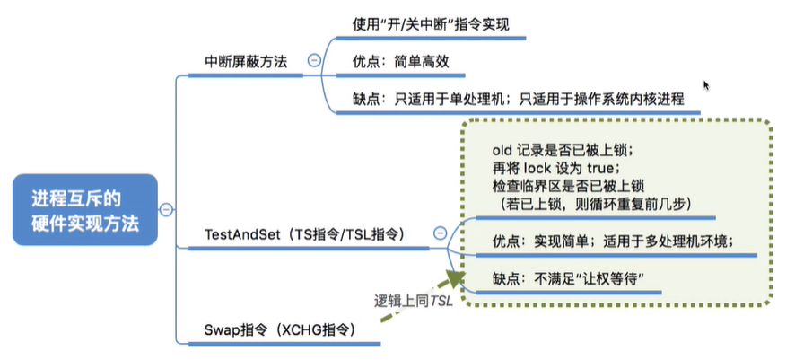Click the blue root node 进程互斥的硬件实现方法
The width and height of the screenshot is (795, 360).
pos(85,210)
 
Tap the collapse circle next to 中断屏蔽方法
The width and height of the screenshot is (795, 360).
pos(314,60)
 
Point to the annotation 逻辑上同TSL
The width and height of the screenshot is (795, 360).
pos(413,299)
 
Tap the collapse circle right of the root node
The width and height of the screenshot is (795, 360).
pos(165,209)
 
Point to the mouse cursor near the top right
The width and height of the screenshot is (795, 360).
pos(705,84)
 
